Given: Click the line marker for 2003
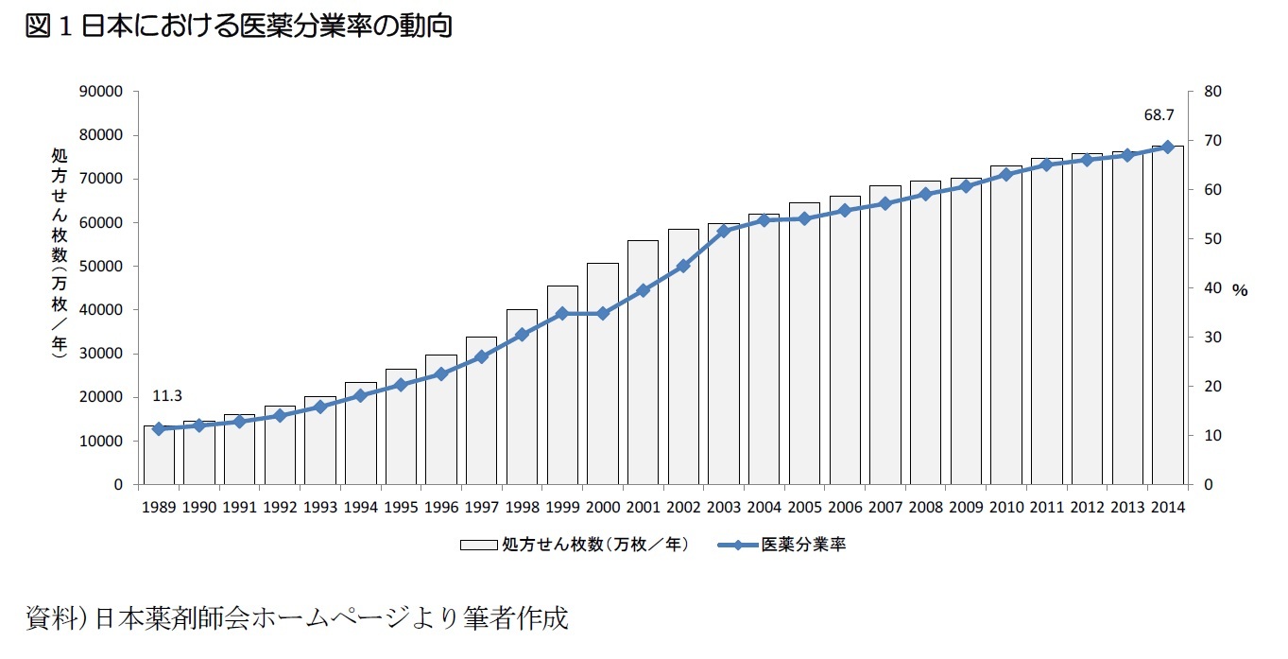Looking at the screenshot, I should [724, 230].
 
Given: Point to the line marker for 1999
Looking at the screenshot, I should [561, 313].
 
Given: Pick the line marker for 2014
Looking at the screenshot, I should [1168, 147].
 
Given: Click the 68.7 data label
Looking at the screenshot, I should [1159, 115].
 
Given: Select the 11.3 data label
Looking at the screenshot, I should [166, 395].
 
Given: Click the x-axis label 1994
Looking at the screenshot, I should [360, 507].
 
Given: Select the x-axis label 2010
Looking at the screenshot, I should [1006, 507].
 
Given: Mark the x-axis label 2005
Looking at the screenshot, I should [804, 507].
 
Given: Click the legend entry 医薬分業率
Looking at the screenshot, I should [803, 546].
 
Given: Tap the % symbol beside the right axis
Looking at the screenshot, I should [1240, 291].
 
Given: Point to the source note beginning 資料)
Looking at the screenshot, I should [297, 619].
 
